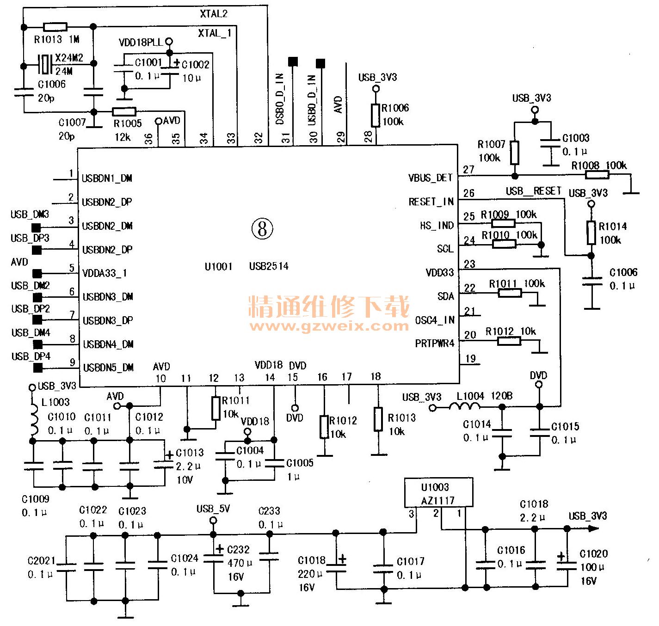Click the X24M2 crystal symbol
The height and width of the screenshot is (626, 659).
pyautogui.click(x=44, y=64)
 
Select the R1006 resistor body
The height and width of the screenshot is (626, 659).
pyautogui.click(x=376, y=116)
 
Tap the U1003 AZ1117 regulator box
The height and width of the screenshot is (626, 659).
pyautogui.click(x=438, y=493)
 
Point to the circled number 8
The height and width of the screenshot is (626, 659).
pyautogui.click(x=262, y=229)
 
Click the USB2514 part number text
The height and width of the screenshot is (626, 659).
pyautogui.click(x=269, y=266)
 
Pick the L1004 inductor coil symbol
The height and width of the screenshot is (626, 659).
pyautogui.click(x=465, y=406)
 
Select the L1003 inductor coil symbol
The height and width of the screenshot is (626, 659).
pyautogui.click(x=34, y=418)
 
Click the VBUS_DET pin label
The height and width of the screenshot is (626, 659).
pyautogui.click(x=430, y=178)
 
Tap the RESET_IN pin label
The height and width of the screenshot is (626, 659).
pyautogui.click(x=431, y=202)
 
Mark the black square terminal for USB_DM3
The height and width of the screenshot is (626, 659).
pyautogui.click(x=36, y=228)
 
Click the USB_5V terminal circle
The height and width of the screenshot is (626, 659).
pyautogui.click(x=213, y=521)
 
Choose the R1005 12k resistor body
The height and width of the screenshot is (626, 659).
pyautogui.click(x=124, y=111)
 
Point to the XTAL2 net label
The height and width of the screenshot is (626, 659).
pyautogui.click(x=214, y=14)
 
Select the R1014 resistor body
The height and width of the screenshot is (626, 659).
pyautogui.click(x=591, y=233)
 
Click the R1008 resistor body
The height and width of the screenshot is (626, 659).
pyautogui.click(x=597, y=174)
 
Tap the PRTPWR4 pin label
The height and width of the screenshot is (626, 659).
pyautogui.click(x=435, y=344)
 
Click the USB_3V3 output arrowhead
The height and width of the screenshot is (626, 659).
pyautogui.click(x=594, y=529)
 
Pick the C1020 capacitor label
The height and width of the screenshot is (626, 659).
pyautogui.click(x=594, y=553)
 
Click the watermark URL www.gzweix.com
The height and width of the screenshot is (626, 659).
pyautogui.click(x=329, y=326)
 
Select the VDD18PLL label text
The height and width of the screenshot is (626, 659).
pyautogui.click(x=141, y=43)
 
